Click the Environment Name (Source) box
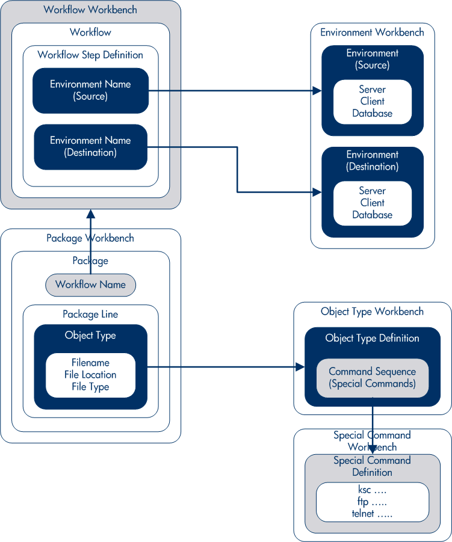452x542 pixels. pos(90,90)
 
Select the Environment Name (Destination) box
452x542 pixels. pos(90,147)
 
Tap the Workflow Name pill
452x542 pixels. pos(90,285)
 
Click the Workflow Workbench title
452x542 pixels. pos(90,10)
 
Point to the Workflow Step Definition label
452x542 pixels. pos(90,55)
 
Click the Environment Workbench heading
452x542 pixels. pos(372,32)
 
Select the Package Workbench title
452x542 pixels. pos(90,238)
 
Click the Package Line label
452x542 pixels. pos(90,314)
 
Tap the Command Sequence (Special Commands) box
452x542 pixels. pos(372,378)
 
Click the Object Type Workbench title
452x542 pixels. pos(372,312)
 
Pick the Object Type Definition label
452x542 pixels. pos(372,338)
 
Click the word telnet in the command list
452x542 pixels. pos(364,514)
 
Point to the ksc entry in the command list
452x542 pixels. pos(364,490)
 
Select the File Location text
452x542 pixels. pos(90,375)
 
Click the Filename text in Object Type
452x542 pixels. pos(90,363)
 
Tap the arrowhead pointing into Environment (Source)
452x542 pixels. pos(318,91)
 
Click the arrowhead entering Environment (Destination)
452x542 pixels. pos(318,192)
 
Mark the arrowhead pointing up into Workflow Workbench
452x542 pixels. pos(90,213)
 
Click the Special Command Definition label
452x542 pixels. pos(372,466)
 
